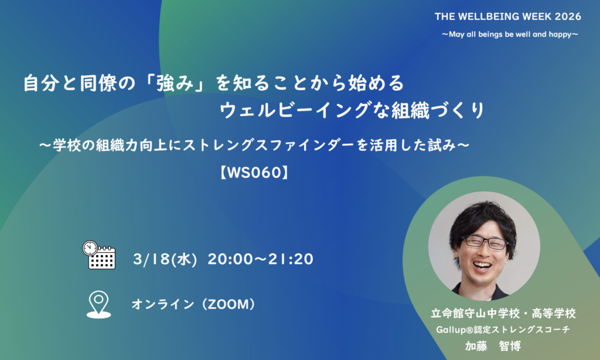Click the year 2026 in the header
[568, 16]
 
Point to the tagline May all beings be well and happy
[510, 35]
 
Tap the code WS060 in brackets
[254, 173]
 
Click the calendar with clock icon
[98, 254]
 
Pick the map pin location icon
[98, 305]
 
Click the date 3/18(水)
[165, 259]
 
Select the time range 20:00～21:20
[261, 259]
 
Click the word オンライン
[163, 304]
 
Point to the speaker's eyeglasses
[485, 242]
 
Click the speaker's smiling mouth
[482, 265]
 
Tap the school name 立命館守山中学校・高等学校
[503, 313]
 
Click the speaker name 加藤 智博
[493, 346]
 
